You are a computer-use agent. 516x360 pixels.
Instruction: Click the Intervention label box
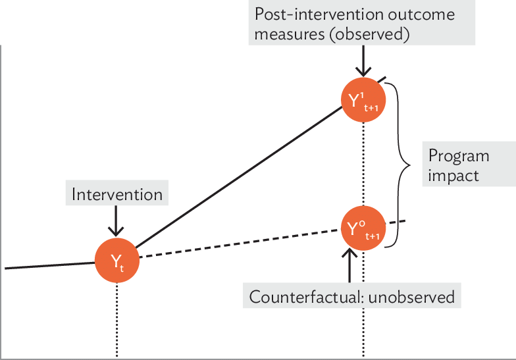tap(116, 194)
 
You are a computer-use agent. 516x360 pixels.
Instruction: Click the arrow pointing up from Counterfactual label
tap(349, 266)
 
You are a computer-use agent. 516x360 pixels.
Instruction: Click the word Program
tap(459, 156)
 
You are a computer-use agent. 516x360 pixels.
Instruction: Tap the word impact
tap(453, 176)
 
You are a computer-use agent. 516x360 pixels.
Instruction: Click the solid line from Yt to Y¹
tap(237, 177)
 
